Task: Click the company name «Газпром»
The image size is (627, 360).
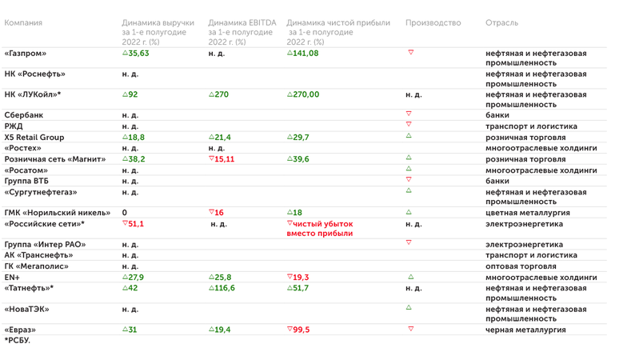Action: point(26,54)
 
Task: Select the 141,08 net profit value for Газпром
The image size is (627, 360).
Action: point(305,54)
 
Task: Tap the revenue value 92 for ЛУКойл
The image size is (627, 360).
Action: point(132,94)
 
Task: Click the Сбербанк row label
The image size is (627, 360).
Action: point(24,115)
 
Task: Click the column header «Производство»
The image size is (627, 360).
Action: point(433,23)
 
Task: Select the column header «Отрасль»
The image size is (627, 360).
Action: point(501,23)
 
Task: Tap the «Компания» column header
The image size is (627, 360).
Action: point(23,23)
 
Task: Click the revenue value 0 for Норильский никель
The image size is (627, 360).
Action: point(125,213)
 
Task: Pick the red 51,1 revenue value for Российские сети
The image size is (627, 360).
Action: point(135,224)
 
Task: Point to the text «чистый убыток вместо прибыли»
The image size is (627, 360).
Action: point(322,229)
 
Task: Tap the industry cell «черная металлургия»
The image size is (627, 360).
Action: point(525,330)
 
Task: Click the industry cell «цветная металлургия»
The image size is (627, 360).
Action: point(527,213)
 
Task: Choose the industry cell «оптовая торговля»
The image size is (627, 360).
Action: point(521,266)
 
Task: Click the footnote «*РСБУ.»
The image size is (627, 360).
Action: point(17,341)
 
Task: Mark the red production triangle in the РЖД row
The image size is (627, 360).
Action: point(409,125)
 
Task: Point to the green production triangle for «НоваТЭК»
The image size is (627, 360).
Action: point(409,307)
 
